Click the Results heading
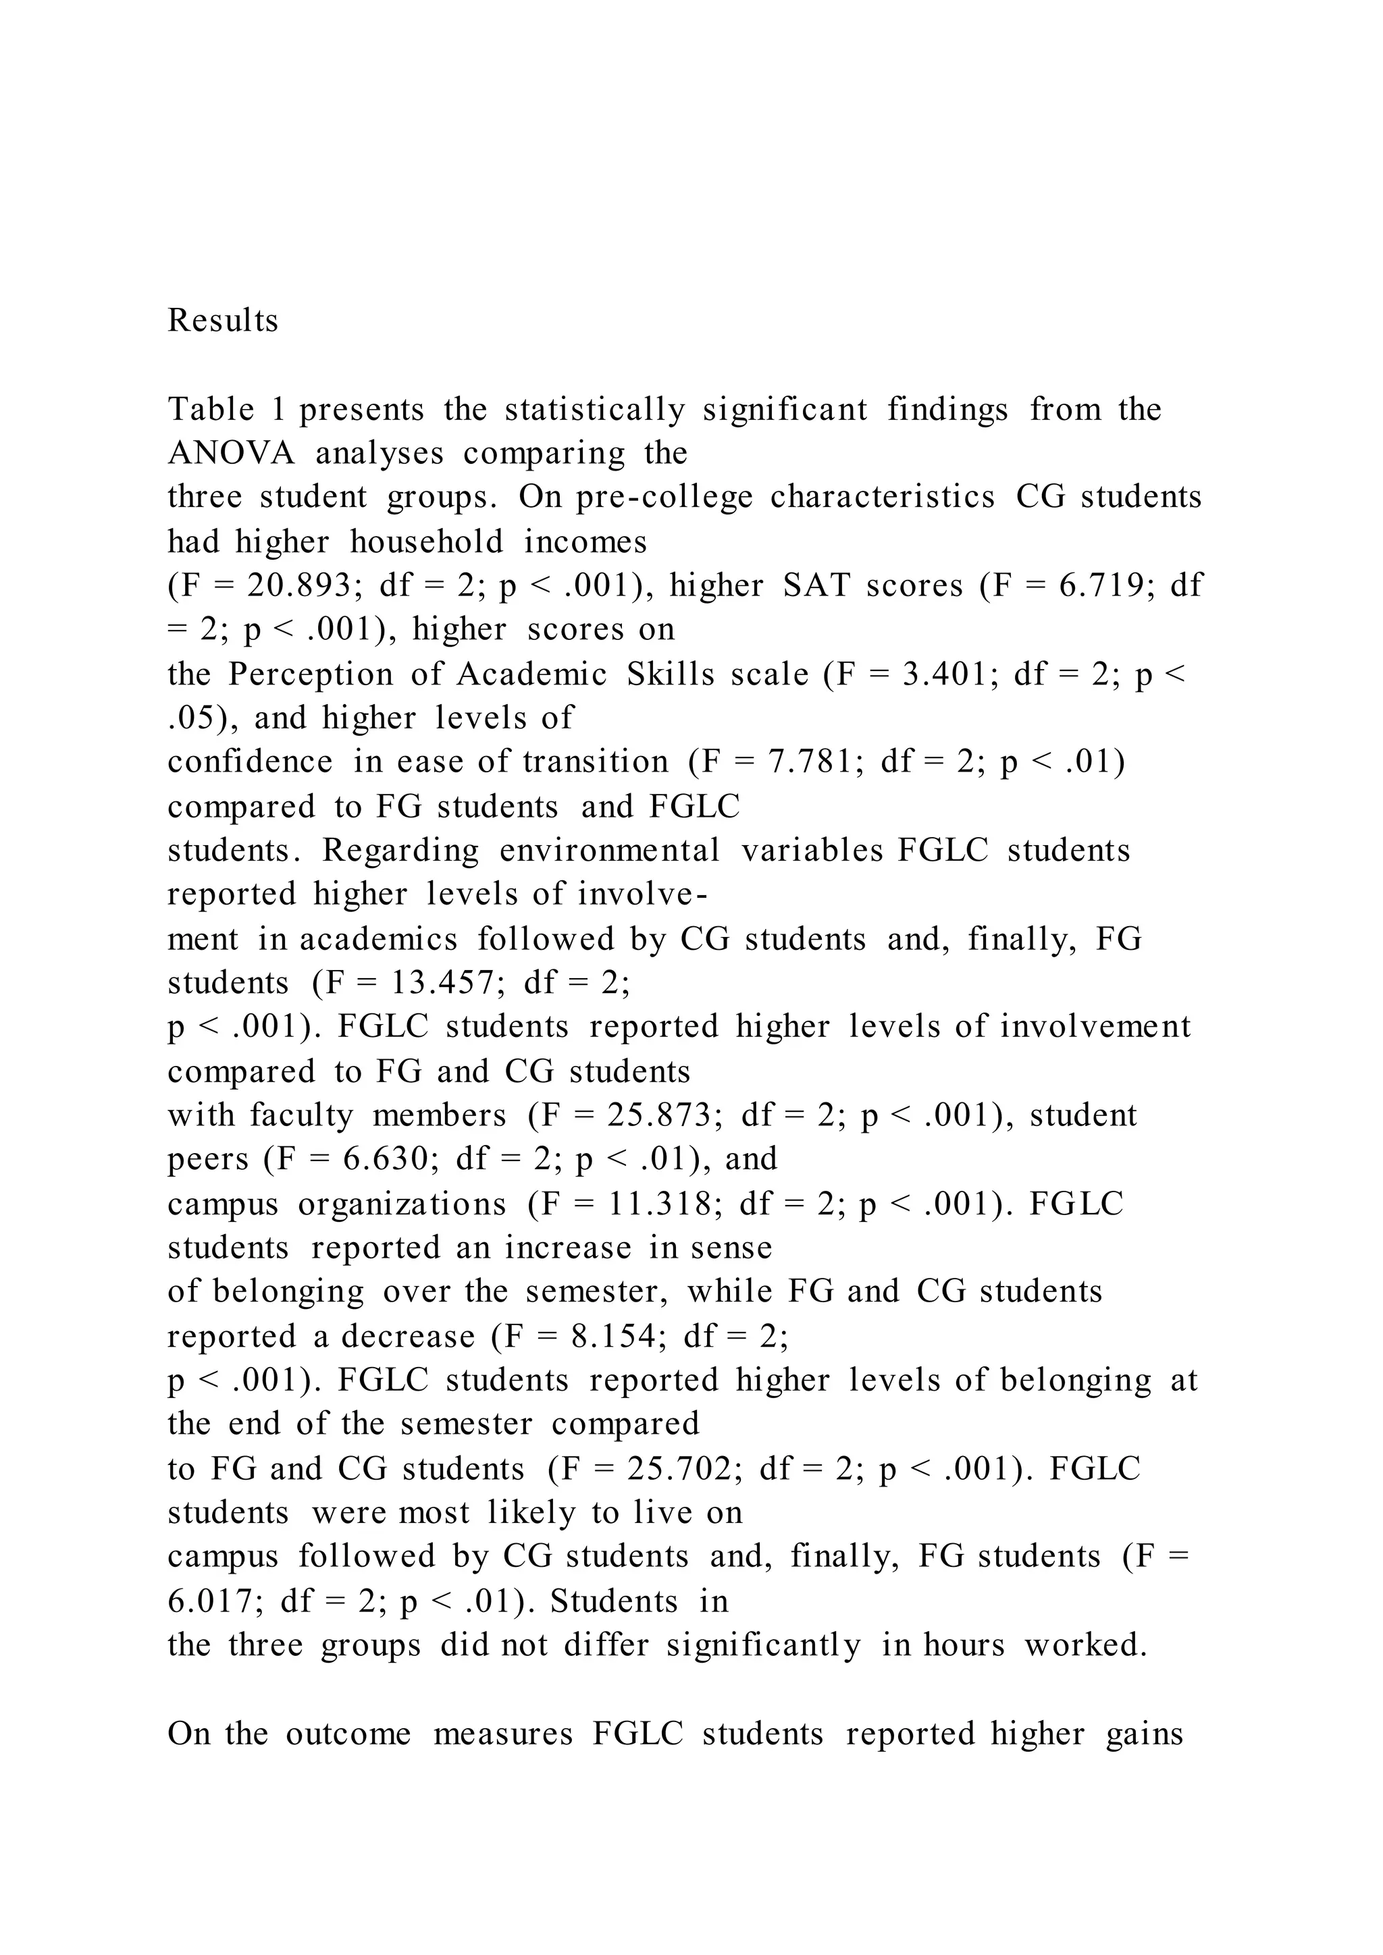tap(223, 321)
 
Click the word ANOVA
tap(232, 453)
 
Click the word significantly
tap(763, 1646)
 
